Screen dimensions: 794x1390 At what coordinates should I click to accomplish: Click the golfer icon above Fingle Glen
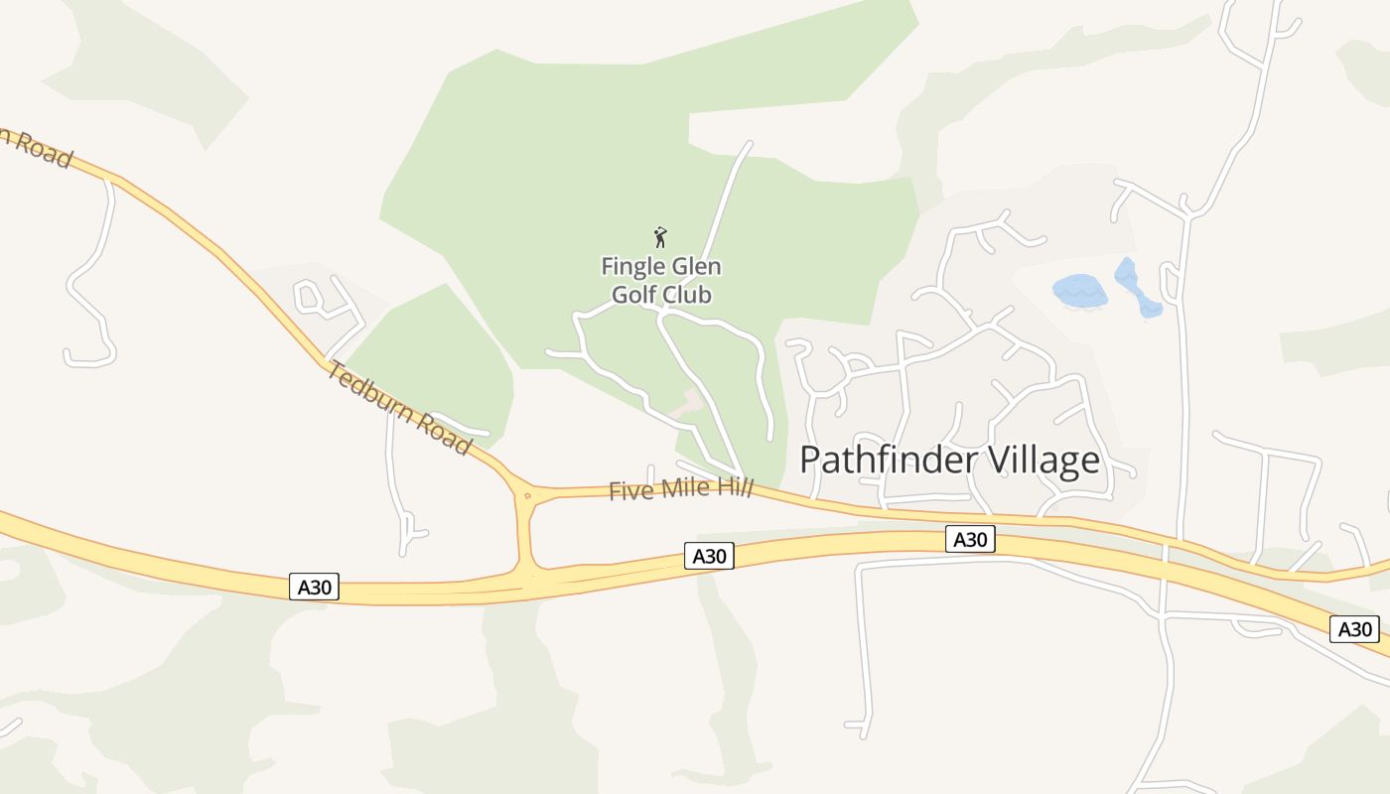pos(660,237)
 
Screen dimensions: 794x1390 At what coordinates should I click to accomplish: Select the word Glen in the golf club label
pos(695,267)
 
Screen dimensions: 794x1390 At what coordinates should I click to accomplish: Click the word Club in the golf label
pos(688,295)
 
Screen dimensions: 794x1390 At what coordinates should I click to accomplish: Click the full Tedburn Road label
pos(399,408)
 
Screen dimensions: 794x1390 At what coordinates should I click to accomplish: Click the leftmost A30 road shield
pos(315,587)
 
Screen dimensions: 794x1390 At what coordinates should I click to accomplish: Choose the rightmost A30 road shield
pos(1354,628)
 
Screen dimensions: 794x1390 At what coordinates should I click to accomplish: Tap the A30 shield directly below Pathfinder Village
pos(969,539)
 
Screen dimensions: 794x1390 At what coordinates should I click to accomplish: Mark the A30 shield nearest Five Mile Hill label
pos(709,556)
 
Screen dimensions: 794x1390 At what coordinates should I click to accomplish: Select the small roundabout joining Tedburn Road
pos(526,493)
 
